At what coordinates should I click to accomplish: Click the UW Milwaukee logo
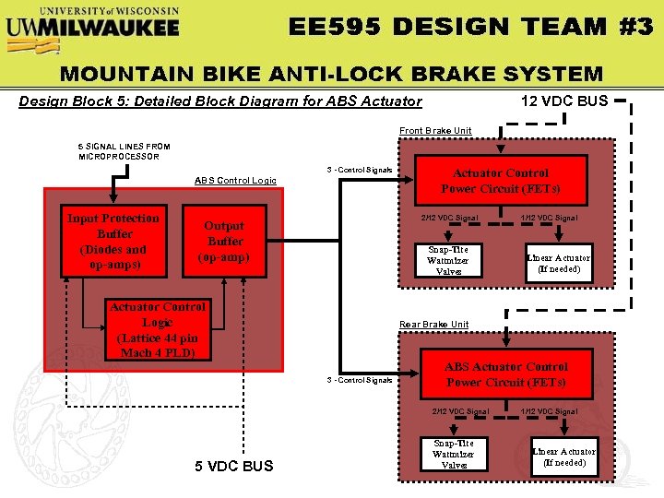point(92,22)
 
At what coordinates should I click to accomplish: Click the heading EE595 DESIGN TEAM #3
point(471,26)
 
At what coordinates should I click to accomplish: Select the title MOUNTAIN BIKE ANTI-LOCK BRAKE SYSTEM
point(331,74)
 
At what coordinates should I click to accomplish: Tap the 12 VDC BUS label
point(564,101)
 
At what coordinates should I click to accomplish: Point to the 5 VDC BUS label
point(234,466)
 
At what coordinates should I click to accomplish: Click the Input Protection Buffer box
point(113,242)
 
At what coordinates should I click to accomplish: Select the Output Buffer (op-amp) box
point(224,242)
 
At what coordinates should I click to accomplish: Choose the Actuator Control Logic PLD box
point(158,330)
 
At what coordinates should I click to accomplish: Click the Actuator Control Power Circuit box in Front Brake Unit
point(501,181)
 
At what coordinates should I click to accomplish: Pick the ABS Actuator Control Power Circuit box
point(506,374)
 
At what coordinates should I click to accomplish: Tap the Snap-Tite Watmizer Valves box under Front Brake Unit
point(448,260)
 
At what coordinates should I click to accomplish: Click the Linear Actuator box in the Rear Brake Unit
point(564,456)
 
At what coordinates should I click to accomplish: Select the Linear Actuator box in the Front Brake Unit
point(558,263)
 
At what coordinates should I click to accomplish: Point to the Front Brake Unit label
point(435,131)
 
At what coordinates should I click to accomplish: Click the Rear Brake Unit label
point(433,325)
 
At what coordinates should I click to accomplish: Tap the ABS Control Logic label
point(235,180)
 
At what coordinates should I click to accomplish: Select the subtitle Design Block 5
point(220,101)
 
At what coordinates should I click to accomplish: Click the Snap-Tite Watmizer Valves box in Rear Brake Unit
point(454,454)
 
